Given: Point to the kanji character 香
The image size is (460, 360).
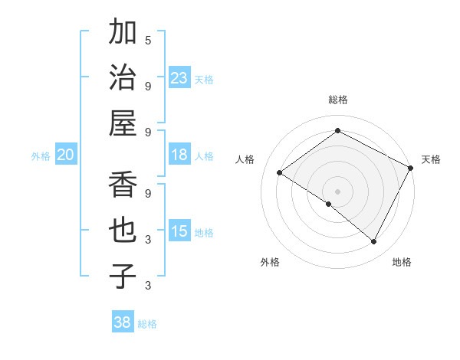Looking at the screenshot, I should click(123, 185).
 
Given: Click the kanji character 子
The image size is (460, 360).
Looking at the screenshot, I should click(123, 276).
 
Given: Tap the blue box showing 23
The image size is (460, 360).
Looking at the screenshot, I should click(179, 78).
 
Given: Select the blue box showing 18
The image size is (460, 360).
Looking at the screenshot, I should click(179, 155).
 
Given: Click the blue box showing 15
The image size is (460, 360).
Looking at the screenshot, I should click(179, 232).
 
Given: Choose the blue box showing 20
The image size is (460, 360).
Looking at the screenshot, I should click(65, 155).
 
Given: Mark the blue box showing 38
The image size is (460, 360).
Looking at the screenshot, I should click(123, 323).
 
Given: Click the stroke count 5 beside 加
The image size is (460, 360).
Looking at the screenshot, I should click(148, 40).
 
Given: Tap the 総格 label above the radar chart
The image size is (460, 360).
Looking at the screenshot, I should click(337, 100).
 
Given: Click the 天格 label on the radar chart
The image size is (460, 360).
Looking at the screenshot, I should click(431, 159).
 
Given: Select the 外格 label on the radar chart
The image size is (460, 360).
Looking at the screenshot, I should click(270, 263).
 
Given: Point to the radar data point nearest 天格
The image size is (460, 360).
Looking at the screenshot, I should click(411, 168).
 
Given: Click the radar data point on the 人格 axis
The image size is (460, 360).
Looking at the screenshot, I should click(279, 173).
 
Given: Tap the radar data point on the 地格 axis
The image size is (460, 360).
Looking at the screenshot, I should click(374, 242).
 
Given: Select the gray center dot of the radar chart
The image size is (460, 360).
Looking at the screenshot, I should click(337, 191).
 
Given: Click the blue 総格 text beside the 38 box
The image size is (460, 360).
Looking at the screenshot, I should click(147, 324).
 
